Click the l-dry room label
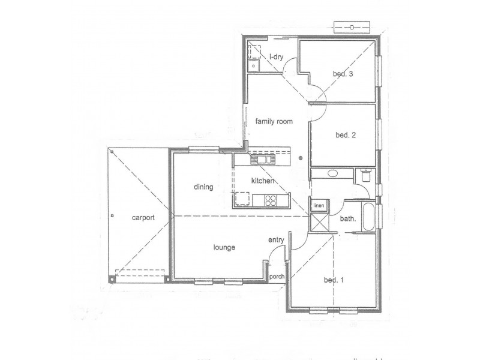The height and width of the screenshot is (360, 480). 276,57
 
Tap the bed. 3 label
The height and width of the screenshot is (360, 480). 343,74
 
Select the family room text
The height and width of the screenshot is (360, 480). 274,121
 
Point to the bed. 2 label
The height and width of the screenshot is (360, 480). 346,135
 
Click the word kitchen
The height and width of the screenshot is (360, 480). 263,181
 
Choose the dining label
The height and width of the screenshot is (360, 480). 203,187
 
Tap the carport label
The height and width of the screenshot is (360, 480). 143,218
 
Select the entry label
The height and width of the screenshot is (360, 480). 276,240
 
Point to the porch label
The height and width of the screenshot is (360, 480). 277,277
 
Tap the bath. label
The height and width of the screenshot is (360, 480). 349,219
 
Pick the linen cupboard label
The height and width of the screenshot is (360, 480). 318,206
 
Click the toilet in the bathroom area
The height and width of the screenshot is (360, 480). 365,175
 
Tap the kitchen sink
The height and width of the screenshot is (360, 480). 262,159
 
